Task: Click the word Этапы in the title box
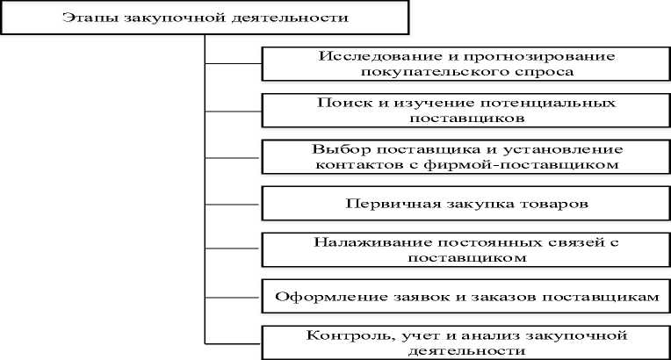point(84,18)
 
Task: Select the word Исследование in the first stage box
point(362,56)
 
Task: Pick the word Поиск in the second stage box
point(337,102)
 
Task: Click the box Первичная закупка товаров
point(465,204)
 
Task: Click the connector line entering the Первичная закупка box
point(234,205)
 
